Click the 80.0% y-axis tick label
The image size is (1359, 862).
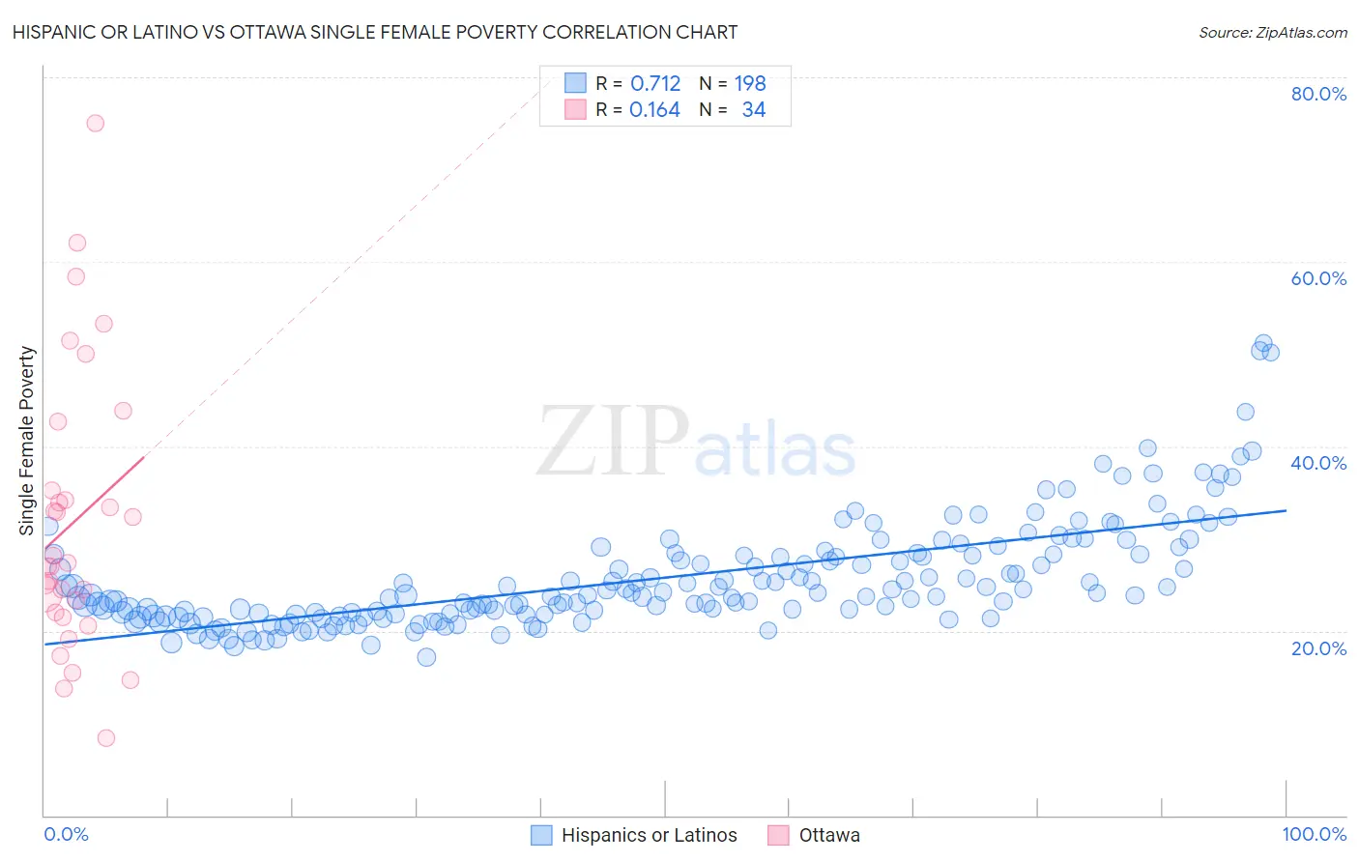(1318, 94)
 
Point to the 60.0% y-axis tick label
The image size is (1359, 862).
(1318, 278)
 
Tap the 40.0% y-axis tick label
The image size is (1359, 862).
(1318, 463)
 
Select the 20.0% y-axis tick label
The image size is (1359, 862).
(1318, 647)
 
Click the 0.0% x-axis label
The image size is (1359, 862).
(66, 834)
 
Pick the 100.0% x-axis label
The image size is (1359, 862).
(1314, 834)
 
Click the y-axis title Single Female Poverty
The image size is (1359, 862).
(27, 441)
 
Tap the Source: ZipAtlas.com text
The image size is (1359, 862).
(1272, 33)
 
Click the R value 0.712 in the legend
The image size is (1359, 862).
(655, 84)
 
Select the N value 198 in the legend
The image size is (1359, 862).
(750, 84)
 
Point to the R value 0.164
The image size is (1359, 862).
(654, 110)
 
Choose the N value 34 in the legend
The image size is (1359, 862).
(754, 110)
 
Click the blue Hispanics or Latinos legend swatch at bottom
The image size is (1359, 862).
(541, 835)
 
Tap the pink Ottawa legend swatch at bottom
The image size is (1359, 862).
(778, 835)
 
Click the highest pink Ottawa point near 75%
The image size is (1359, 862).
(95, 123)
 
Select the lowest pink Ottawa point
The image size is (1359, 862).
(106, 738)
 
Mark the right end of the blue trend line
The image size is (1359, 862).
(1286, 510)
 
